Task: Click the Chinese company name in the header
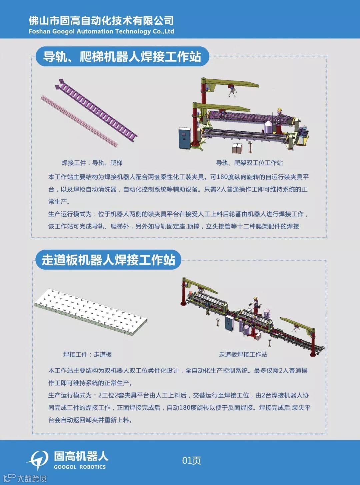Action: click(x=101, y=21)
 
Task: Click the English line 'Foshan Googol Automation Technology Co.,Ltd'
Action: click(x=101, y=31)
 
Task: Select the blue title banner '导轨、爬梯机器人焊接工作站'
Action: click(x=122, y=56)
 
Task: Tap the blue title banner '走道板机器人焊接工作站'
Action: click(x=108, y=260)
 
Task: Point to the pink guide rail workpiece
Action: click(x=79, y=121)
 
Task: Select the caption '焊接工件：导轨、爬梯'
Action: click(x=92, y=163)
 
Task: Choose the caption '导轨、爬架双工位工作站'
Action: click(x=249, y=163)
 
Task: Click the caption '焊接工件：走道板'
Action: click(x=87, y=354)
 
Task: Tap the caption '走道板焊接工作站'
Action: click(x=243, y=354)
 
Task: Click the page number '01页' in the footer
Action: click(x=191, y=460)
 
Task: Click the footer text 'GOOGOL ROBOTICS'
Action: click(x=80, y=467)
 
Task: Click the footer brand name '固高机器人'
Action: click(x=81, y=457)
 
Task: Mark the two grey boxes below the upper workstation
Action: click(x=237, y=148)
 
